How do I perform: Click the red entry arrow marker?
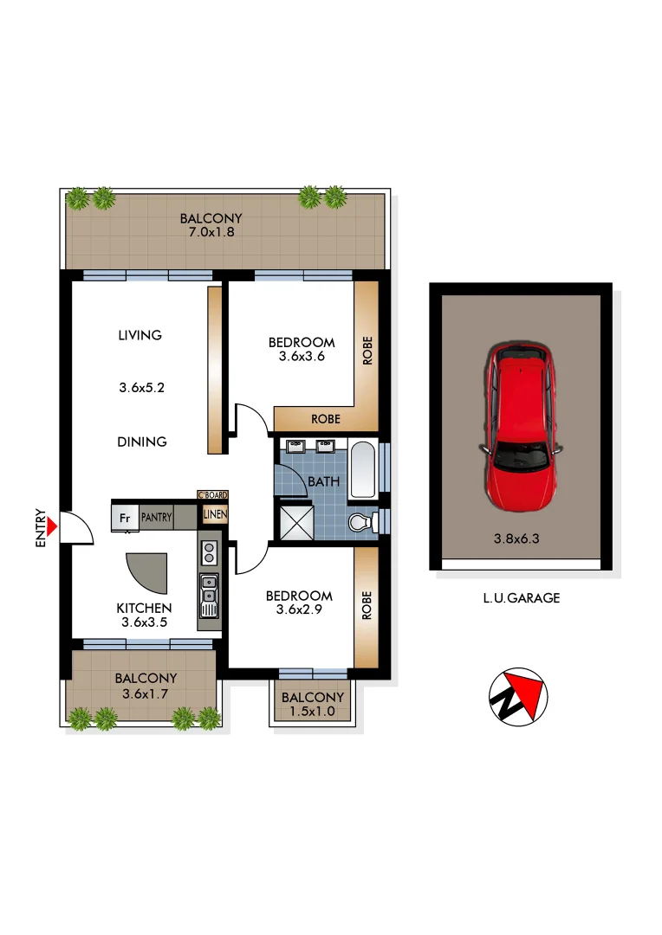coord(53,526)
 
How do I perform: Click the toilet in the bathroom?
coord(361,522)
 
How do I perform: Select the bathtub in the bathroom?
coord(363,470)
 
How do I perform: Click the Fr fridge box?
coord(125,518)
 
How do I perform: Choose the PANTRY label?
coord(156,518)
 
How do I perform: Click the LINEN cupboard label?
coord(214,516)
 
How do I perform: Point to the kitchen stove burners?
coord(209,553)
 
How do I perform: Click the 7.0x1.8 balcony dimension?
coord(211,234)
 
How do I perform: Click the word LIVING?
coord(140,335)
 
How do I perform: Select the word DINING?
coord(142,442)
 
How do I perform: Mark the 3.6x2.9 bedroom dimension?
coord(299,610)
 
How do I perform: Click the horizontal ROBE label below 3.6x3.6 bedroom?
coord(326,420)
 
